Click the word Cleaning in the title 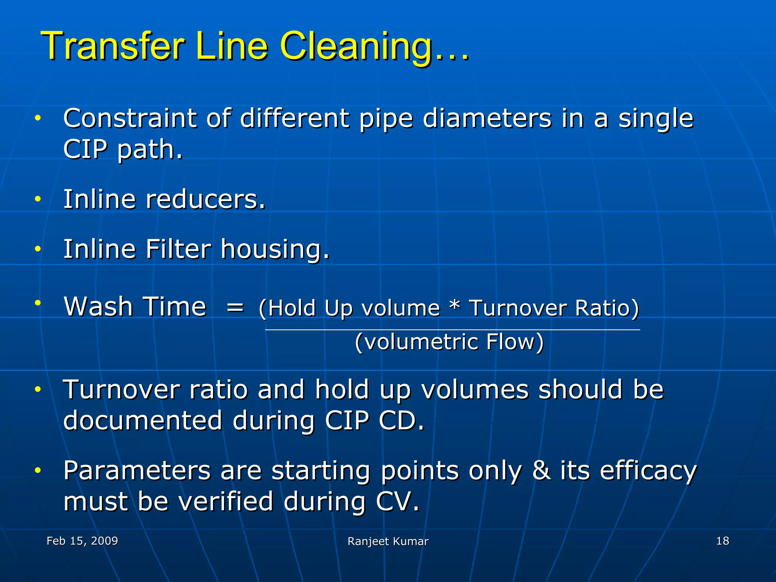click(x=356, y=47)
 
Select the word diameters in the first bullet click(x=487, y=118)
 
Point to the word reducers click(x=205, y=199)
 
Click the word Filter click(x=178, y=249)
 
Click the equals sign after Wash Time click(x=235, y=307)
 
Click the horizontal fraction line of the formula click(x=452, y=330)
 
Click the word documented click(x=142, y=420)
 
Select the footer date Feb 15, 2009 click(x=82, y=541)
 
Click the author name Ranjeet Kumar click(x=388, y=541)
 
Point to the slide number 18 click(x=723, y=541)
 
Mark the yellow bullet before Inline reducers click(x=37, y=199)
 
